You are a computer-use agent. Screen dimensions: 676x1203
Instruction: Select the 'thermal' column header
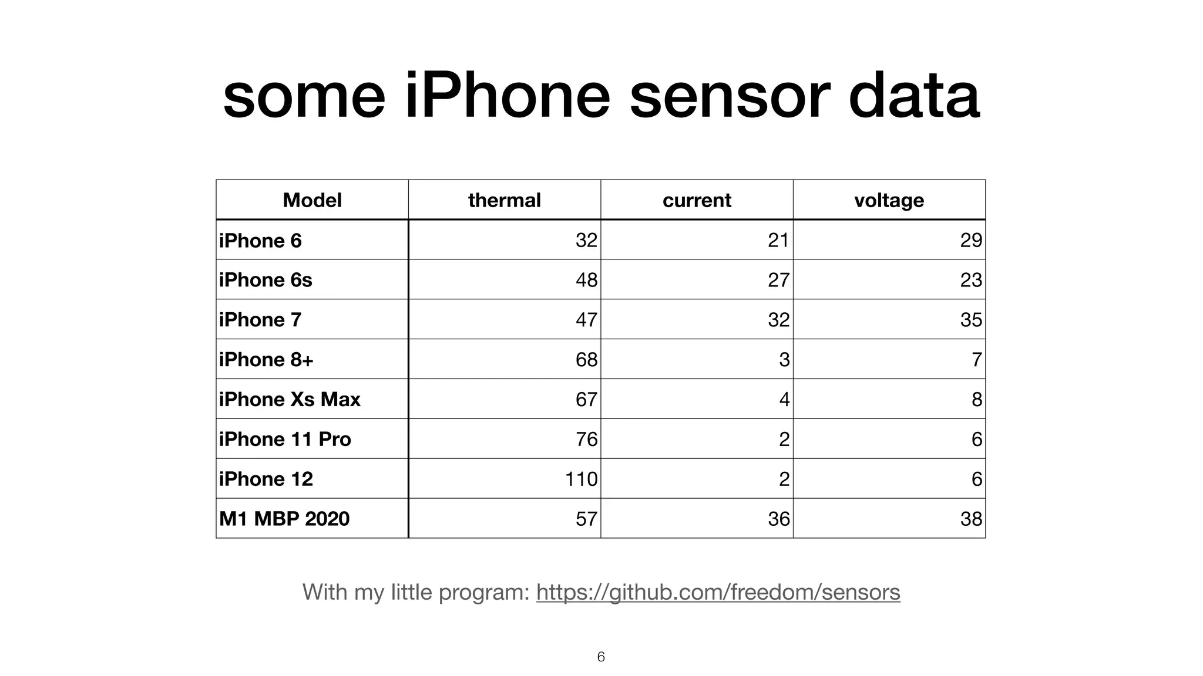point(504,200)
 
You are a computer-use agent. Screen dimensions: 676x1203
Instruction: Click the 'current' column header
point(697,200)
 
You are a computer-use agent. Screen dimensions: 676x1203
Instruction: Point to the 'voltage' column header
point(889,200)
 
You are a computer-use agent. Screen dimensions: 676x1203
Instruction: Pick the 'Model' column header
point(312,200)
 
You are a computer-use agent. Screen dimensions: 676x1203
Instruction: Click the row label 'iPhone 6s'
point(266,280)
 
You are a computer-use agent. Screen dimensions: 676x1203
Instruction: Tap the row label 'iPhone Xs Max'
point(290,399)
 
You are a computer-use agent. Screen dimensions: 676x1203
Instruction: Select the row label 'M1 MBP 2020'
point(284,519)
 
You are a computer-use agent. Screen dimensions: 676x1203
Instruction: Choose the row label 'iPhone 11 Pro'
point(285,439)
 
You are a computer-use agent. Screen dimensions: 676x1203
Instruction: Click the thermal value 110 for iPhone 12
point(581,479)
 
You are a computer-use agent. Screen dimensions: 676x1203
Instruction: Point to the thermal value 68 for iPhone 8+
point(586,359)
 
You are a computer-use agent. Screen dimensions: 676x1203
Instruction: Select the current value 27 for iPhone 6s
point(778,280)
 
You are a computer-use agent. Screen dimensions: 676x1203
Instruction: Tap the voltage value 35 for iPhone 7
point(971,320)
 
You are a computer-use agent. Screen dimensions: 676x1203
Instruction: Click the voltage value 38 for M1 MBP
point(971,519)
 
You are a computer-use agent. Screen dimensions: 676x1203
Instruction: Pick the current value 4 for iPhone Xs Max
point(784,399)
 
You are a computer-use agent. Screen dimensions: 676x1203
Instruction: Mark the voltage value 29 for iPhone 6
point(971,240)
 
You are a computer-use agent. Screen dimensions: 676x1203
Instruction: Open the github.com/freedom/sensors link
point(718,592)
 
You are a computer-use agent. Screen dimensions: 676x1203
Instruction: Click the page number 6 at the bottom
point(601,657)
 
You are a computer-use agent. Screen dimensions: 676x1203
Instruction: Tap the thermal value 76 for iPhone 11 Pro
point(586,439)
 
